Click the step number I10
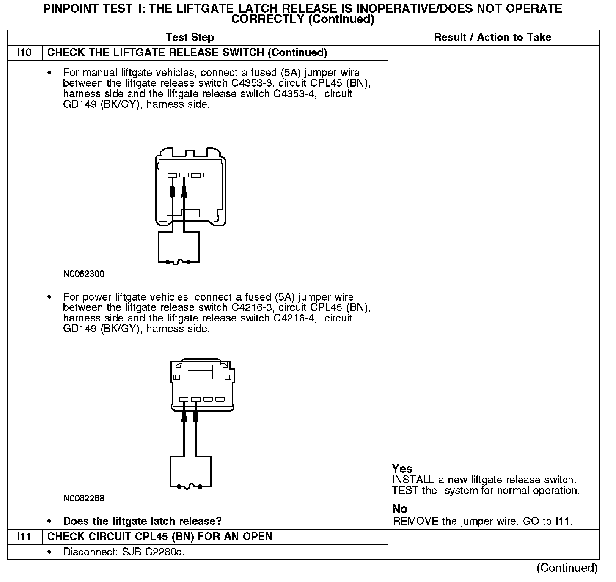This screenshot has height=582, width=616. pos(25,53)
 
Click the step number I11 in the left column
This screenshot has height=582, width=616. pos(25,537)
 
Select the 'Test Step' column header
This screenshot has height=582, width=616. pos(190,38)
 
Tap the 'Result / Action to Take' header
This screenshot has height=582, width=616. pos(492,38)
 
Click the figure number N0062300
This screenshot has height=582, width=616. pos(84,274)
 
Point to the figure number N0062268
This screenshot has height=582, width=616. pos(84,498)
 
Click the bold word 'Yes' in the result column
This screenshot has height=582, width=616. pos(402,469)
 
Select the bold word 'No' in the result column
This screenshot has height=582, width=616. pos(400,509)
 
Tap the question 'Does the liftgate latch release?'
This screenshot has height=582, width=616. pos(142,521)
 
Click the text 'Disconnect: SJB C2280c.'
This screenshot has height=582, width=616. pos(124,552)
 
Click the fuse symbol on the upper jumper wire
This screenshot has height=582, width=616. pos(178,262)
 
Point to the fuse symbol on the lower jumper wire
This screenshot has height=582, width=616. pos(190,486)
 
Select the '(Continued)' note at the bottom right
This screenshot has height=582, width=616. pos(567,568)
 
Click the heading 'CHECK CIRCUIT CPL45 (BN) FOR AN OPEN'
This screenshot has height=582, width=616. pos(160,537)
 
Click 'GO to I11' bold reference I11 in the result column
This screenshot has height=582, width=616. pos(563,522)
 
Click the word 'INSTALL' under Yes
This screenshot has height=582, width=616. pos(413,480)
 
